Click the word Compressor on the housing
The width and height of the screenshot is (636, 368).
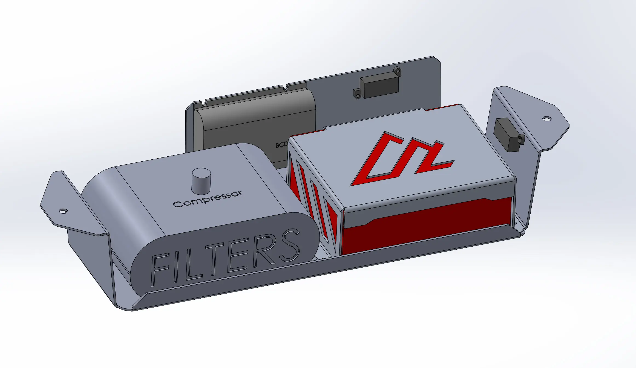coord(208,199)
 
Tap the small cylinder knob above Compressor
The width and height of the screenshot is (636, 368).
coord(201,180)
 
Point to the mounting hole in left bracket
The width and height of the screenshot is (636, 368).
coord(63,211)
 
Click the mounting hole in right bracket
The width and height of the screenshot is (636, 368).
coord(547,119)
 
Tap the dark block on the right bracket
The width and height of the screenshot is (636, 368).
coord(505,134)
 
